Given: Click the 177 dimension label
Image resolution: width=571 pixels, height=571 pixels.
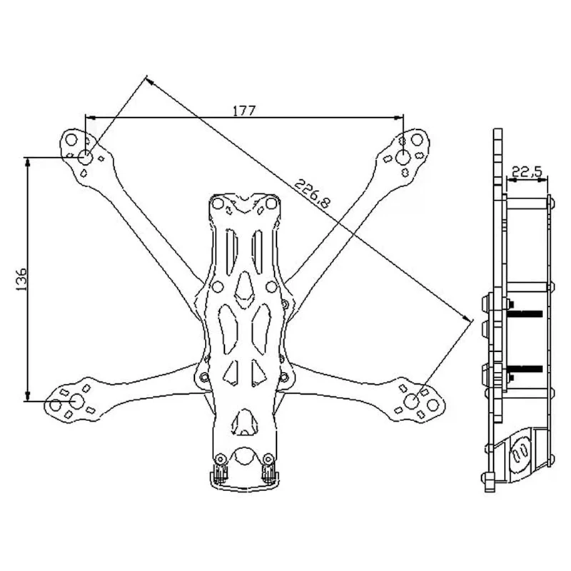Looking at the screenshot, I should [244, 111].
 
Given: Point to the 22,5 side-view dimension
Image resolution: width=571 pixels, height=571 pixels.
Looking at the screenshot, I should [527, 171].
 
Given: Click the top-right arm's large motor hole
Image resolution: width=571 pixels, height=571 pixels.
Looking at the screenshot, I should [403, 157].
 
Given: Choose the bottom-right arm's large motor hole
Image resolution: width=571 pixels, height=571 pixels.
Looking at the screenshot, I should [412, 401].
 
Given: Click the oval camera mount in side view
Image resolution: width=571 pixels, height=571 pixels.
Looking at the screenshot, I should [520, 454].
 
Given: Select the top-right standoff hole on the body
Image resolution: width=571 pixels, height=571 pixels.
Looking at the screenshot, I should [271, 204].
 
